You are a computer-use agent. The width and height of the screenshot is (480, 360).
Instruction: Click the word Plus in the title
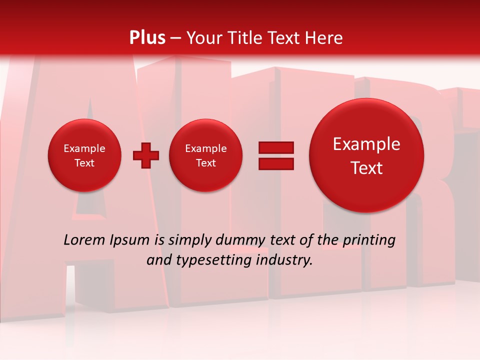pyautogui.click(x=147, y=38)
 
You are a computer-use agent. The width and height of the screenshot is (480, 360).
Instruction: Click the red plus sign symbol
pyautogui.click(x=145, y=155)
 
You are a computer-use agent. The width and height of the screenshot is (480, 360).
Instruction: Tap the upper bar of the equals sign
pyautogui.click(x=275, y=148)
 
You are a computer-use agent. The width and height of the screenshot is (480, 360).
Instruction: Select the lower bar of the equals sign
pyautogui.click(x=275, y=163)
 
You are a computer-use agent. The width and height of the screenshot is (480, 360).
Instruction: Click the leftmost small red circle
pyautogui.click(x=84, y=155)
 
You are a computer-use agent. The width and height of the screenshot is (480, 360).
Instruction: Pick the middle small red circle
pyautogui.click(x=205, y=155)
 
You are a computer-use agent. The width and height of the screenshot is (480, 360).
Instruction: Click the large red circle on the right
pyautogui.click(x=366, y=155)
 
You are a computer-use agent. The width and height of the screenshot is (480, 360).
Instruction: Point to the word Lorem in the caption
pyautogui.click(x=84, y=240)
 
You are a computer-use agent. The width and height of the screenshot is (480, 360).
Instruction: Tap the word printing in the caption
pyautogui.click(x=369, y=240)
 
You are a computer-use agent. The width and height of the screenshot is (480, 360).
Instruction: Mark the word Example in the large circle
pyautogui.click(x=366, y=144)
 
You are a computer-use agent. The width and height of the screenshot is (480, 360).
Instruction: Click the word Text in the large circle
pyautogui.click(x=366, y=168)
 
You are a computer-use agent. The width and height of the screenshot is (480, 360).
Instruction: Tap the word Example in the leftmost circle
pyautogui.click(x=84, y=148)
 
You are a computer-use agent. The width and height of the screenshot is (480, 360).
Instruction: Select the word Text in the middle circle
pyautogui.click(x=205, y=163)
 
